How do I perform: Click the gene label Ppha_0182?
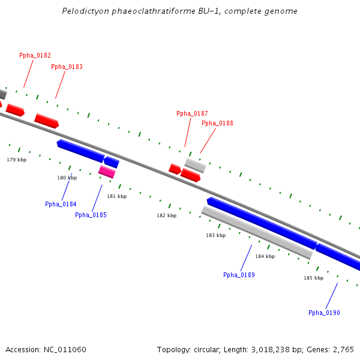[x=35, y=55]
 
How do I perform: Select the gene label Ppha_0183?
[x=67, y=67]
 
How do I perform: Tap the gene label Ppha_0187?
[x=192, y=113]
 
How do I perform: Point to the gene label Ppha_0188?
[x=217, y=123]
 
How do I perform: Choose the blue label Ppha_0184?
[x=61, y=204]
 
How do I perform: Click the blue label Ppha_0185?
[x=91, y=215]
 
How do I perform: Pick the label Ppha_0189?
[x=239, y=275]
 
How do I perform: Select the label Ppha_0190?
[x=324, y=313]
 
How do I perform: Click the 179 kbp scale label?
[x=17, y=160]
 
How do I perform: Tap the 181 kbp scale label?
[x=117, y=196]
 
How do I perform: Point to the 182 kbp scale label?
[x=167, y=215]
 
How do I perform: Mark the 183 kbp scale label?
[x=215, y=235]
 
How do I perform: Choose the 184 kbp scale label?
[x=265, y=256]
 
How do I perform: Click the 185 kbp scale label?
[x=313, y=278]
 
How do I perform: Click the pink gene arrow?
[x=107, y=172]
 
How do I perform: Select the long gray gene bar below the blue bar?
[x=257, y=232]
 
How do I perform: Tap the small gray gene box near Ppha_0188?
[x=195, y=165]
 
